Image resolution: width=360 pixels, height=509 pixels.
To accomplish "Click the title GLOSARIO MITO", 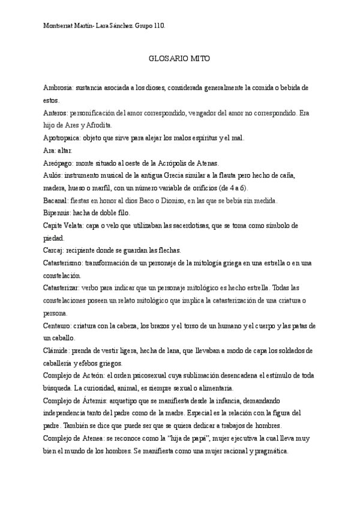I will [178, 60].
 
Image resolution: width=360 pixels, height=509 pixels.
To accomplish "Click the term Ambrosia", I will [58, 88].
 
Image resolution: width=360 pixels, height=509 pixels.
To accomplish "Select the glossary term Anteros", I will [56, 112].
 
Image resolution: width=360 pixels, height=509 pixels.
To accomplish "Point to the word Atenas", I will [208, 163].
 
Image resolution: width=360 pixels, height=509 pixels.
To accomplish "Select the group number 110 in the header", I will [158, 26].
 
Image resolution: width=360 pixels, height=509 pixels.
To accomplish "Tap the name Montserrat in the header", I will [59, 26].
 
